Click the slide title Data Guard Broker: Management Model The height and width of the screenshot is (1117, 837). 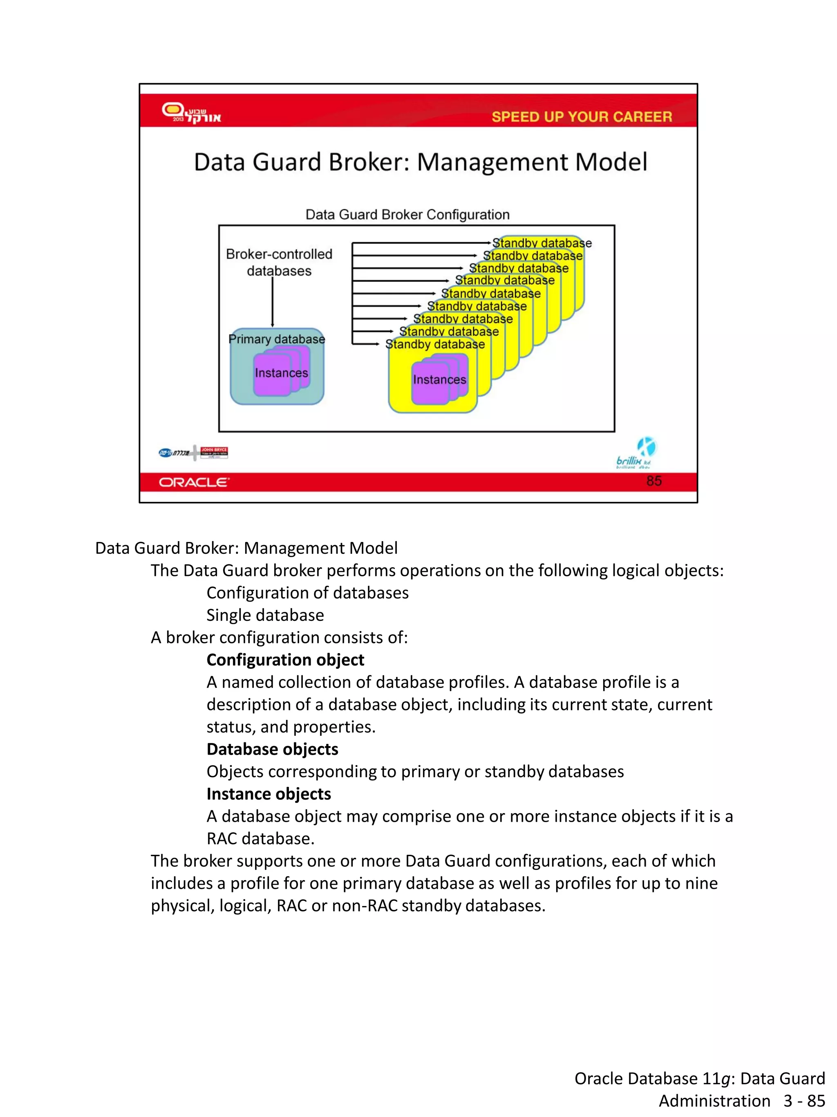(420, 162)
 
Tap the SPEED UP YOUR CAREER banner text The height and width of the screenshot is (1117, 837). (581, 117)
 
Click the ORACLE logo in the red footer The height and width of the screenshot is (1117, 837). (194, 482)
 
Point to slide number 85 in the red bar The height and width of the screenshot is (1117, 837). (653, 481)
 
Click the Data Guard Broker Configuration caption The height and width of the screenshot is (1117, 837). (407, 215)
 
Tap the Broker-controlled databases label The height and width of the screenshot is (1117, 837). (279, 262)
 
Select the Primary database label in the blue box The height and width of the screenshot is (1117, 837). (276, 339)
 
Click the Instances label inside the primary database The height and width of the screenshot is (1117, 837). (281, 373)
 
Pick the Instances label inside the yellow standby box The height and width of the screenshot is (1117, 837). (439, 380)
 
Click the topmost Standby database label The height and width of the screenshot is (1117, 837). (542, 243)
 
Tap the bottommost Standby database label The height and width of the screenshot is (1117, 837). (435, 344)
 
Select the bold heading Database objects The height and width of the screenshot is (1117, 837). (272, 749)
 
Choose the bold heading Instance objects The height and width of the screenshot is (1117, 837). (269, 793)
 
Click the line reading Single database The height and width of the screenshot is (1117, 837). (265, 615)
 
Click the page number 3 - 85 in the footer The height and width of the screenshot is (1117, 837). (804, 1101)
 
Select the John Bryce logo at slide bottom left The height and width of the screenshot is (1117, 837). (214, 452)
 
